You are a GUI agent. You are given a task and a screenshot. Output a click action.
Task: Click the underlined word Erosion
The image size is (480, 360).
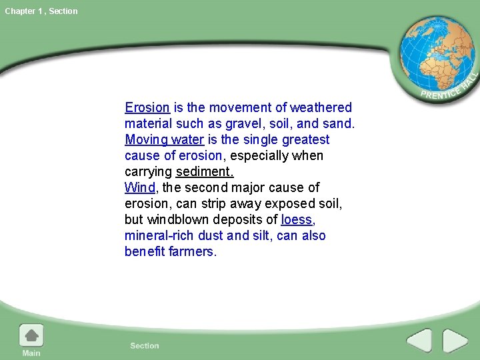pyautogui.click(x=147, y=107)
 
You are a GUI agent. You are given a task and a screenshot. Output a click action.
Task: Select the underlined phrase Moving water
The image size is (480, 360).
pyautogui.click(x=164, y=139)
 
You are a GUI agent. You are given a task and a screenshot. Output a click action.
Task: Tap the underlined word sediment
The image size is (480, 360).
pyautogui.click(x=205, y=171)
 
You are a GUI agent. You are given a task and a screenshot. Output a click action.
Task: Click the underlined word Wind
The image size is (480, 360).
pyautogui.click(x=139, y=187)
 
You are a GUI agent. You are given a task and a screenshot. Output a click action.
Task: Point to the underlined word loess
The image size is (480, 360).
pyautogui.click(x=296, y=219)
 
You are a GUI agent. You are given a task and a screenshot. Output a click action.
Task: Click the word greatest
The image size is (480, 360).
pyautogui.click(x=305, y=139)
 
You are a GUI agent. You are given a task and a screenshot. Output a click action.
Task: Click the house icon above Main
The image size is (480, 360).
pyautogui.click(x=31, y=335)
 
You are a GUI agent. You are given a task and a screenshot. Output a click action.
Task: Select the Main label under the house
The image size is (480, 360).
pyautogui.click(x=31, y=353)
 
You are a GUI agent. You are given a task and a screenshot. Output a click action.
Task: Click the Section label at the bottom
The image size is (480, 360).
pyautogui.click(x=145, y=345)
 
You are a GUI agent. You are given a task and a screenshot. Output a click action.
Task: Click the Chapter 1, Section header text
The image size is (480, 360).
pyautogui.click(x=41, y=11)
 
